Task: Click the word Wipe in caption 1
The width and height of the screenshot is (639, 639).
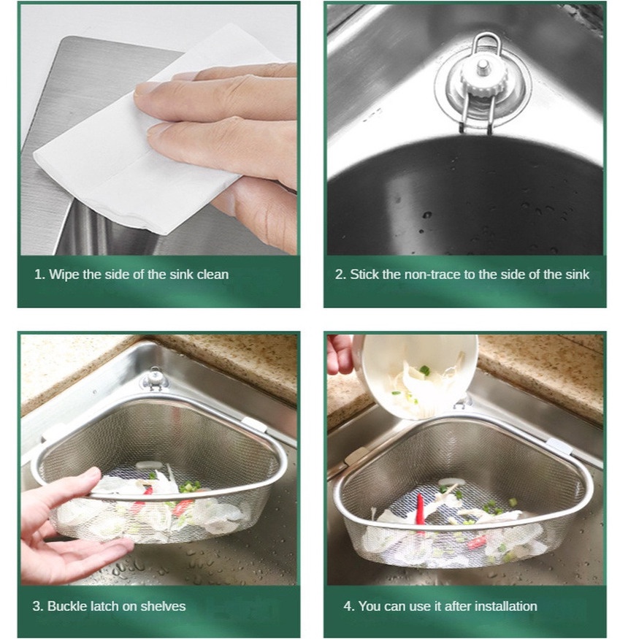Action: tap(64, 275)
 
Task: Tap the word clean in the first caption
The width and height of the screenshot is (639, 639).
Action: tap(213, 275)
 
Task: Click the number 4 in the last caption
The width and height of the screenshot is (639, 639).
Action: tap(347, 606)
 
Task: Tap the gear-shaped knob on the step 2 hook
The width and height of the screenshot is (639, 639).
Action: tap(483, 79)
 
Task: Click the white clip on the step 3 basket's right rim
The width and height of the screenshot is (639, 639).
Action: tap(255, 426)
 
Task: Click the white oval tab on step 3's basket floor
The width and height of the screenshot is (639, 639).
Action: tap(148, 464)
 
